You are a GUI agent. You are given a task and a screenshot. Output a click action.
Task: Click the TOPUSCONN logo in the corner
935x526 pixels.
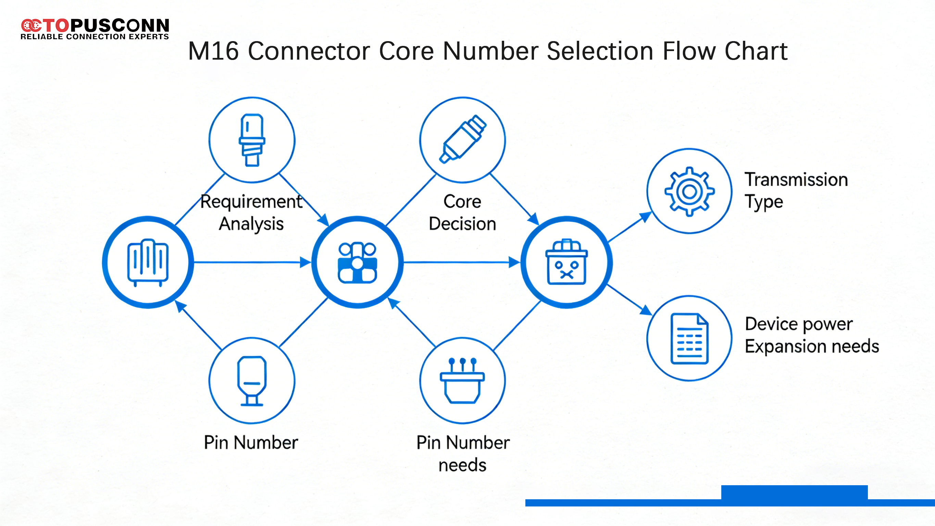point(95,29)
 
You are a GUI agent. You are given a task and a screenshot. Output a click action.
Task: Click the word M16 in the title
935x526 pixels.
point(213,51)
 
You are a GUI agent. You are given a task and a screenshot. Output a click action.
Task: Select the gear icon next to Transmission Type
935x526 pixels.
point(689,192)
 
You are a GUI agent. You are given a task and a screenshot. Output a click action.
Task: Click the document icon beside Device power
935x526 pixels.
point(689,338)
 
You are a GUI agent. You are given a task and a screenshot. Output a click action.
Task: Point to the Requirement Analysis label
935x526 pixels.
point(251,212)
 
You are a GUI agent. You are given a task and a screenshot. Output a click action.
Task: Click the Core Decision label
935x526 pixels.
point(462,212)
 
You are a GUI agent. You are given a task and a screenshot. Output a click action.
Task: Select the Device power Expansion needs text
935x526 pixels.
point(812,335)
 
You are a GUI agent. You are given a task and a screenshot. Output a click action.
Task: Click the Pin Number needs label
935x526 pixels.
point(463,454)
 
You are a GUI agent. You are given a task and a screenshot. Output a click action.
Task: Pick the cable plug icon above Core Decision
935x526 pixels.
point(462,140)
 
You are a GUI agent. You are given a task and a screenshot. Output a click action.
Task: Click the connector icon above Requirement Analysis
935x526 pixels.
point(252,140)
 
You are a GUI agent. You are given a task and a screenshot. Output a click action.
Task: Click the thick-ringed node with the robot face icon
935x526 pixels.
point(566,262)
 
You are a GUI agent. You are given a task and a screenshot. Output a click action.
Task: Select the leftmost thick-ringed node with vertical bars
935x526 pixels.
point(148,262)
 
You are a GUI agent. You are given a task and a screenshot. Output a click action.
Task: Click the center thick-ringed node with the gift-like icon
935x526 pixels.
point(358,262)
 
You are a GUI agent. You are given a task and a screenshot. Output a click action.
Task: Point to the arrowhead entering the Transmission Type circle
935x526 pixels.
point(646,217)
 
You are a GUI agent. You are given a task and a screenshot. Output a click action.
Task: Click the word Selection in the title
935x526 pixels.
point(600,51)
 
